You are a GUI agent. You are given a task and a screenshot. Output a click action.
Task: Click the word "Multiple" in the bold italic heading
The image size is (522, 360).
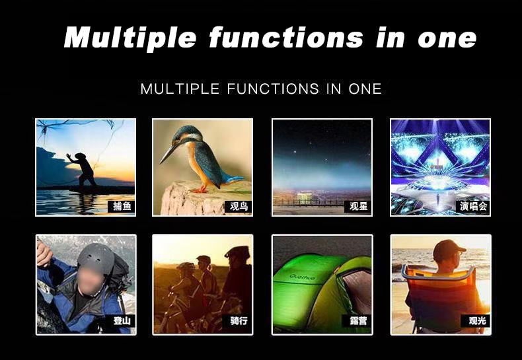pyautogui.click(x=130, y=38)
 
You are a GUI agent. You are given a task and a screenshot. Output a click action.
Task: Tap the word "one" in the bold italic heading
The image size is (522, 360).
pyautogui.click(x=447, y=38)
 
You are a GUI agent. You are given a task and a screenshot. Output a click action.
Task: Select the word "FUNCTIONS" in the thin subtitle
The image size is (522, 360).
pyautogui.click(x=273, y=89)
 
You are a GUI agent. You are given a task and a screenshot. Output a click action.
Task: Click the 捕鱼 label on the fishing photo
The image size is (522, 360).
pyautogui.click(x=122, y=206)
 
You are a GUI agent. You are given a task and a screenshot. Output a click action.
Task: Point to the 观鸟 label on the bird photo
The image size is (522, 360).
pyautogui.click(x=239, y=206)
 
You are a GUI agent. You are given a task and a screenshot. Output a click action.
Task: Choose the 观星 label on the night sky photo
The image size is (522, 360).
pyautogui.click(x=358, y=206)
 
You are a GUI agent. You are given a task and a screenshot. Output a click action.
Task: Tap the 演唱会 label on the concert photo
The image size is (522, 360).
pyautogui.click(x=473, y=206)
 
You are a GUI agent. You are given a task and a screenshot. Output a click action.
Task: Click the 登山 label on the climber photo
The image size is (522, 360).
pyautogui.click(x=122, y=321)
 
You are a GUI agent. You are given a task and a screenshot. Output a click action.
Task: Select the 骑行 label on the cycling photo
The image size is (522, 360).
pyautogui.click(x=239, y=321)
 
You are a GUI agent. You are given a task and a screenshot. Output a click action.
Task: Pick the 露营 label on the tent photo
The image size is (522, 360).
pyautogui.click(x=358, y=321)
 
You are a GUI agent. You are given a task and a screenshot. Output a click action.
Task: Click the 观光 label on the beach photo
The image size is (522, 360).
pyautogui.click(x=476, y=321)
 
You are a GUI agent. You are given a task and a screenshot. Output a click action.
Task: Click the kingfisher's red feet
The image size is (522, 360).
pyautogui.click(x=200, y=190)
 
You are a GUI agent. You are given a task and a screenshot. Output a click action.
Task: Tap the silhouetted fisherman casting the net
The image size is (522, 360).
pyautogui.click(x=84, y=170)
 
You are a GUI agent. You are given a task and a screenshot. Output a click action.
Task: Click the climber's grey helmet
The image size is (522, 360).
pyautogui.click(x=96, y=258)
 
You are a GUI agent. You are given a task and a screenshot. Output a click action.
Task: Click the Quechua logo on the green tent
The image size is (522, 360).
pyautogui.click(x=302, y=277)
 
